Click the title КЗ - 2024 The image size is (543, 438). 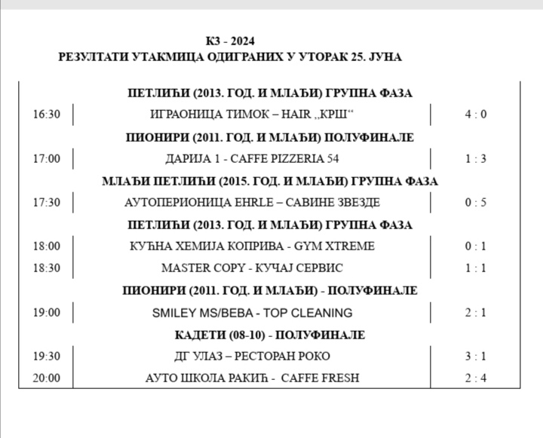pyautogui.click(x=235, y=41)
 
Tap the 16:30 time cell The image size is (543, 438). pyautogui.click(x=46, y=115)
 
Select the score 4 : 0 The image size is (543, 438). pyautogui.click(x=476, y=115)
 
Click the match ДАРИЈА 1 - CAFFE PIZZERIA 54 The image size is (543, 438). pyautogui.click(x=252, y=158)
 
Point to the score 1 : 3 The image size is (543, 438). pyautogui.click(x=476, y=158)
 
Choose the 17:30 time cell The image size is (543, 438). pyautogui.click(x=46, y=202)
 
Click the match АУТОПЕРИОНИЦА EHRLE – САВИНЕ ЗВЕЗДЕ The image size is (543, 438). pyautogui.click(x=252, y=202)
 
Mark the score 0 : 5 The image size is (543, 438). pyautogui.click(x=476, y=202)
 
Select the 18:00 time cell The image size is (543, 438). pyautogui.click(x=46, y=246)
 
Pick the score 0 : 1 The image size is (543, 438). pyautogui.click(x=476, y=246)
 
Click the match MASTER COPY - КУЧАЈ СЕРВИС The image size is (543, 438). pyautogui.click(x=252, y=268)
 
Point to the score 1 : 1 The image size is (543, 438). pyautogui.click(x=476, y=268)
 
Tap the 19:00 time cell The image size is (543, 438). pyautogui.click(x=46, y=312)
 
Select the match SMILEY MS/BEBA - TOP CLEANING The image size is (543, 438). pyautogui.click(x=252, y=312)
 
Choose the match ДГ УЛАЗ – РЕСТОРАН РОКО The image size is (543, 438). pyautogui.click(x=252, y=356)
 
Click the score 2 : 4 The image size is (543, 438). pyautogui.click(x=476, y=378)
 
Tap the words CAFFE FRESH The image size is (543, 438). pyautogui.click(x=320, y=378)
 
